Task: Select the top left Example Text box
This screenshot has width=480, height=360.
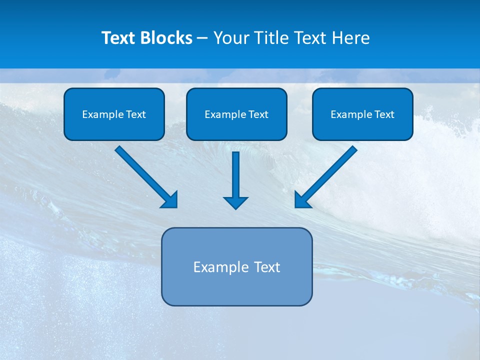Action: click(114, 114)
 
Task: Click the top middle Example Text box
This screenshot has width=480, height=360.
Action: click(236, 114)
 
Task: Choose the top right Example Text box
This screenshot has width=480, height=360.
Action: click(362, 114)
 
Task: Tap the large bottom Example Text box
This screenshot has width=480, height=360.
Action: click(236, 266)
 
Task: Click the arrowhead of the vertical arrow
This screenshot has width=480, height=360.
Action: click(235, 202)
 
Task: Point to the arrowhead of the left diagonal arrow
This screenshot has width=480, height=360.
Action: click(170, 200)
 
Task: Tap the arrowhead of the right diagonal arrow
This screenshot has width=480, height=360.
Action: click(302, 200)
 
